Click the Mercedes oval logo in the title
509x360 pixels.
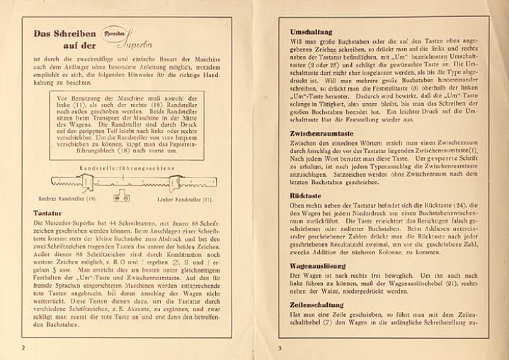pos(115,33)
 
